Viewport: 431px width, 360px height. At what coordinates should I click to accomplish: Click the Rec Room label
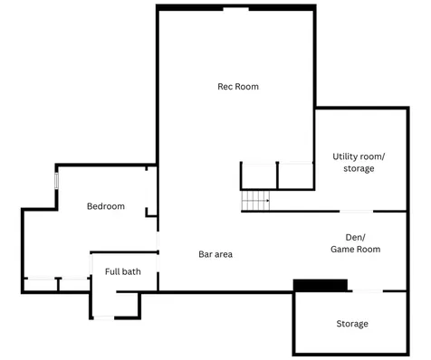[238, 87]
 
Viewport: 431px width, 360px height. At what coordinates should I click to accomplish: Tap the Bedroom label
[106, 206]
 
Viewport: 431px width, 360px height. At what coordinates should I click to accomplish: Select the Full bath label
[123, 271]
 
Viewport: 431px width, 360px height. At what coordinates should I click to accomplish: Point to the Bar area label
[215, 254]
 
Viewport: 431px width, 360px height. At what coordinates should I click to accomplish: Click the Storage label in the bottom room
[352, 324]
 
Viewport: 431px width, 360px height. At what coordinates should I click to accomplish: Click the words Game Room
[356, 250]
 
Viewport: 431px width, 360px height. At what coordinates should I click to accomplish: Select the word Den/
[355, 238]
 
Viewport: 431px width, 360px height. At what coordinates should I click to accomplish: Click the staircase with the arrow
[255, 201]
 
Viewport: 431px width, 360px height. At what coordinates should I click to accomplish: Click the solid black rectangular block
[321, 285]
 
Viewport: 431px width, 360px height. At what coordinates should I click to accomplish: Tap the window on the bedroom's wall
[56, 181]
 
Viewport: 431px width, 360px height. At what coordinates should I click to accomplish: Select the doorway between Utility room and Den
[357, 212]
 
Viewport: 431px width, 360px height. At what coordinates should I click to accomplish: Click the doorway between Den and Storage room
[368, 291]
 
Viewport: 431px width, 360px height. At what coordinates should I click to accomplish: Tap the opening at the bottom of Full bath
[104, 317]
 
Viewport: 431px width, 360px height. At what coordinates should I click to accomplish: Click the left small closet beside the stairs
[259, 176]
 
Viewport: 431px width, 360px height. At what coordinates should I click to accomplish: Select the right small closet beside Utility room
[295, 176]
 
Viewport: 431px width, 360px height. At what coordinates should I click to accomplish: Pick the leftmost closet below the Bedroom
[41, 285]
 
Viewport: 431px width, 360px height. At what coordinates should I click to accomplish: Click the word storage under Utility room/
[359, 168]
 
